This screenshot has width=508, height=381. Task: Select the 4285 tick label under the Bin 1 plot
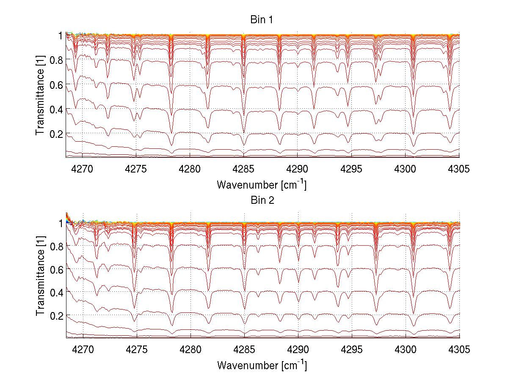(x=244, y=169)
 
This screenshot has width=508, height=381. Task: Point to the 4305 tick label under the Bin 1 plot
(x=459, y=169)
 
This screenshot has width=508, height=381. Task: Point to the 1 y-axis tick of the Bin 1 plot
(x=61, y=36)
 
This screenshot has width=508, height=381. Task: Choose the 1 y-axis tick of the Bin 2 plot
(x=61, y=223)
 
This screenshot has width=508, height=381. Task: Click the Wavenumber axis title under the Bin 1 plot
(x=262, y=185)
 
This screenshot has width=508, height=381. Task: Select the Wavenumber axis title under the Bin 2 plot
(x=262, y=365)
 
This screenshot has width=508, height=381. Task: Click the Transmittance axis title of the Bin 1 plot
(x=40, y=96)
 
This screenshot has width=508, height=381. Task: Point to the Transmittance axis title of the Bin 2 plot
(x=40, y=277)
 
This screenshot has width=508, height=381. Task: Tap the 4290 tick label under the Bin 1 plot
(x=298, y=169)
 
